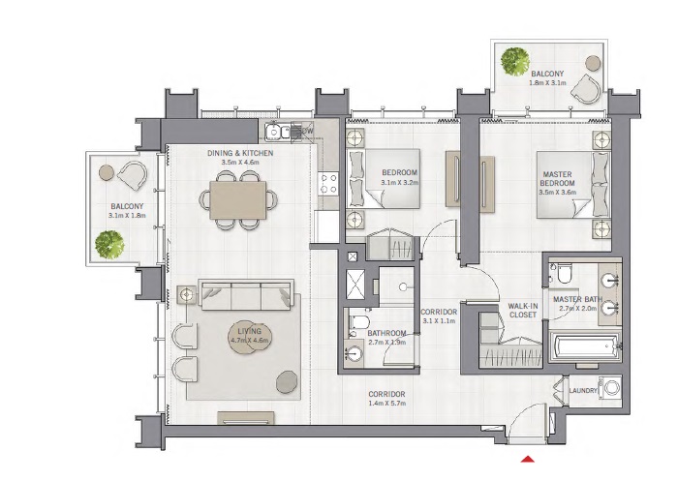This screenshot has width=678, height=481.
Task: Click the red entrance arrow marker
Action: coord(529,459)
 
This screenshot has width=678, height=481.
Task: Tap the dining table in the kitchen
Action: coord(236,200)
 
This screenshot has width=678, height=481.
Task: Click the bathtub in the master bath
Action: coord(584,347)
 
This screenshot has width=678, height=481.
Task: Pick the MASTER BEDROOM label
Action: coord(557,180)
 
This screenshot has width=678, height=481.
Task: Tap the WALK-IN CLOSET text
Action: coord(524,311)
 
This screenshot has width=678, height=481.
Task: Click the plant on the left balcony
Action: coord(109,244)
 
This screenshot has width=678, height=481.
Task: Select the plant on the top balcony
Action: coord(513,61)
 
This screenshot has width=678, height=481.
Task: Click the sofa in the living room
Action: coord(246,293)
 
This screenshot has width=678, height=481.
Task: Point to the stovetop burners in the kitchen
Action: coord(328,184)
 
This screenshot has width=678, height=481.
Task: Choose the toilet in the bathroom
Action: coord(357,321)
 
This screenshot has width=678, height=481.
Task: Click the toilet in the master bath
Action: coord(563,275)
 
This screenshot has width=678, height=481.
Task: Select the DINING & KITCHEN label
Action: coord(240,154)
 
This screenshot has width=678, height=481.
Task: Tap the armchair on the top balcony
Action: coord(586,90)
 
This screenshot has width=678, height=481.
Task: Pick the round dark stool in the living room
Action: coord(288,383)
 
